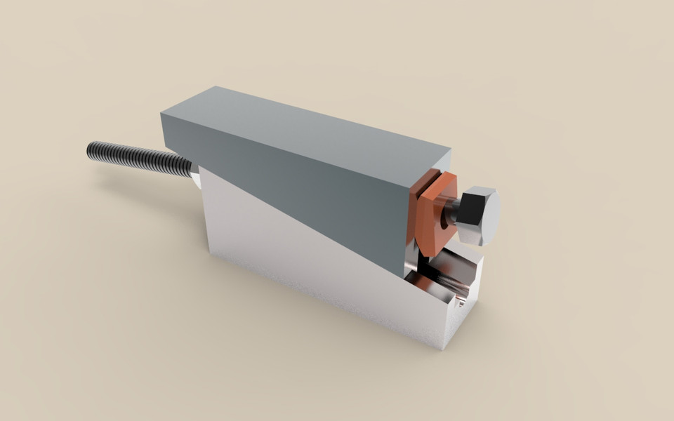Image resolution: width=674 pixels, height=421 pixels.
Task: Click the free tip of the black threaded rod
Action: click(x=91, y=149)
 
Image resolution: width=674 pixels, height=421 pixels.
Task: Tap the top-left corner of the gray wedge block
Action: click(x=162, y=115)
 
